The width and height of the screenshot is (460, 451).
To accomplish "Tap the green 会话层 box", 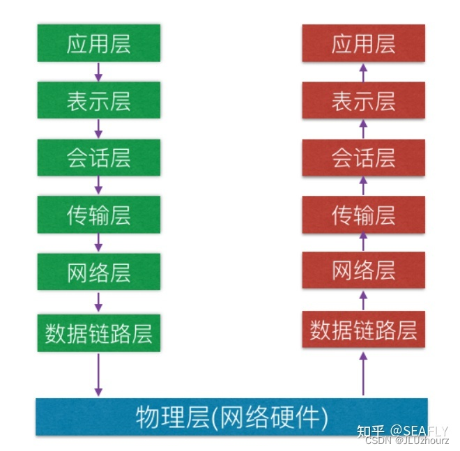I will (x=98, y=157).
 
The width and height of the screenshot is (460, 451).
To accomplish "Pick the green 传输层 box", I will (x=98, y=214).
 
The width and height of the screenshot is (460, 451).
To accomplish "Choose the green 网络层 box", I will (x=98, y=271).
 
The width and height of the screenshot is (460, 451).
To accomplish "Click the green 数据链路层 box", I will (x=98, y=332).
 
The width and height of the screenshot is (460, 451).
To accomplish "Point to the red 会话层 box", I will (x=363, y=157).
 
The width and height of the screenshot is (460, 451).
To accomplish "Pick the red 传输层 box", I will (x=363, y=214).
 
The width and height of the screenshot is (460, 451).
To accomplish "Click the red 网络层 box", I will (x=363, y=271).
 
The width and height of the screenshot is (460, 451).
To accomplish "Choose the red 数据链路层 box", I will (x=363, y=330).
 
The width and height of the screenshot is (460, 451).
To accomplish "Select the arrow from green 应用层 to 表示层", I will (x=98, y=71).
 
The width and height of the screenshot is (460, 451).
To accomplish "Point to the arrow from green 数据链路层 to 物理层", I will (x=98, y=374).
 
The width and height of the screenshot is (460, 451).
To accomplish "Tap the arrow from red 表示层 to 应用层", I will (x=363, y=71).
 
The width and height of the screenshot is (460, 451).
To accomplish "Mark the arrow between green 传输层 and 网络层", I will (x=98, y=243).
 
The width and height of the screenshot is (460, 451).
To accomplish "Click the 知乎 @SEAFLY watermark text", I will (x=402, y=430).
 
